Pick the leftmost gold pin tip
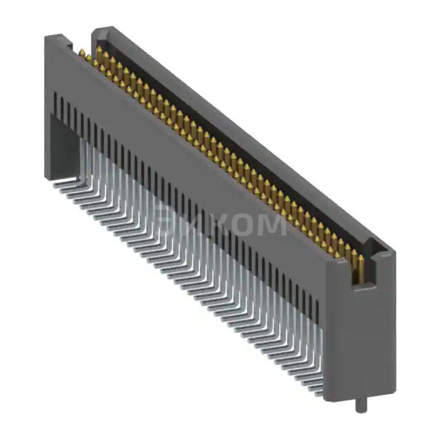[x=81, y=52]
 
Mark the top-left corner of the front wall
[x=46, y=38]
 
